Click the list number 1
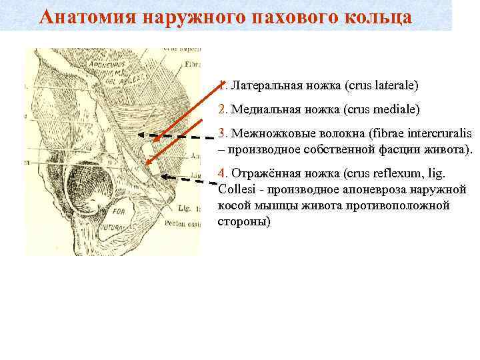coord(221,85)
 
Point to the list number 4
coord(222,174)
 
